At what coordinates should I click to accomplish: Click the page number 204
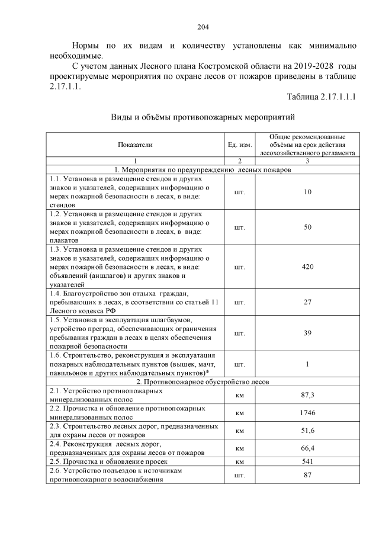tap(203, 27)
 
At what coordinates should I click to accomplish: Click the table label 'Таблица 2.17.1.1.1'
tap(321, 97)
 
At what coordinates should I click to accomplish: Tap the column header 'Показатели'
tap(135, 144)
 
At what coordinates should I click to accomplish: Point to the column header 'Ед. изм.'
tap(240, 144)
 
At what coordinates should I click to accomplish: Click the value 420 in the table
tap(307, 267)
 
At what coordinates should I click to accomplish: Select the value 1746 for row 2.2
tap(307, 412)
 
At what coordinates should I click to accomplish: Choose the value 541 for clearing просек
tap(307, 461)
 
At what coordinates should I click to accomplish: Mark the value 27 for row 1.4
tap(307, 302)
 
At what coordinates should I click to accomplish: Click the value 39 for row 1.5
tap(307, 333)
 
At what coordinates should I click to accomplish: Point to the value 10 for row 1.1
tap(307, 192)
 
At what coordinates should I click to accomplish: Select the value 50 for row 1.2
tap(307, 227)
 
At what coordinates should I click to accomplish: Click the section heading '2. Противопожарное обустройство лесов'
tap(203, 382)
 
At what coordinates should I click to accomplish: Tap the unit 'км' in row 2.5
tap(240, 461)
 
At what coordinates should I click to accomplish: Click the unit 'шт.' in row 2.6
tap(240, 475)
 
